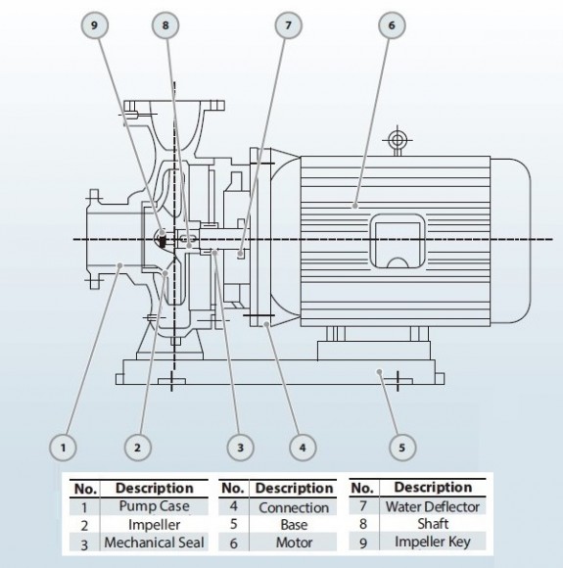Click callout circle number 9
[x=97, y=28]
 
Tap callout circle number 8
[x=165, y=28]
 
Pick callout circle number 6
[x=389, y=28]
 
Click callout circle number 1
[x=63, y=448]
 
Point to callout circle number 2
[x=138, y=448]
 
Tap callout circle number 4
[x=303, y=448]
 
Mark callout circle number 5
[x=400, y=448]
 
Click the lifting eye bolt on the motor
[x=397, y=141]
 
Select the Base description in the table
[x=293, y=526]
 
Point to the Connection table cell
[x=293, y=507]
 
